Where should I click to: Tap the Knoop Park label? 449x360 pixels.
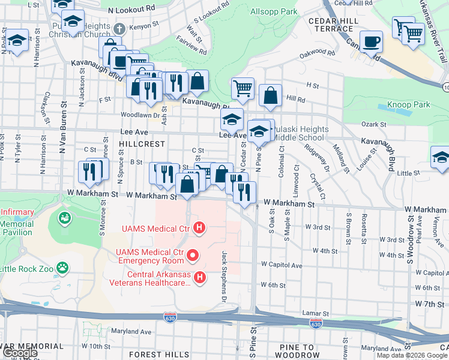[408, 104]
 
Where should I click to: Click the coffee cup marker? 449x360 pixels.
[371, 41]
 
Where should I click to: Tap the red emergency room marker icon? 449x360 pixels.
[193, 256]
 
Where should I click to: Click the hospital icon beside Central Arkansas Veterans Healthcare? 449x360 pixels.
[200, 277]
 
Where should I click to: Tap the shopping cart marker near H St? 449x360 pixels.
[243, 88]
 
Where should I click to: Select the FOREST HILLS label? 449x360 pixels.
[154, 355]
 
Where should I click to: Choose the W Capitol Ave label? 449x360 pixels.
[282, 264]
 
